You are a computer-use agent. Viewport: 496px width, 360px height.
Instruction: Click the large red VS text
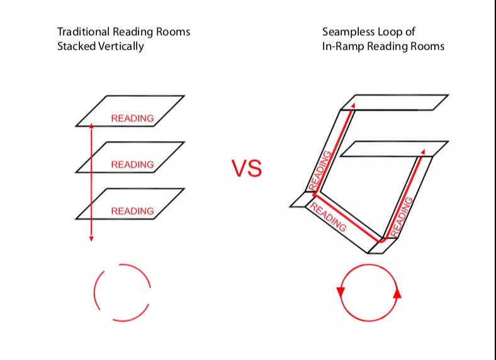pos(246,168)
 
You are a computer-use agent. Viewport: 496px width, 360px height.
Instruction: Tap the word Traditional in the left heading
pos(81,31)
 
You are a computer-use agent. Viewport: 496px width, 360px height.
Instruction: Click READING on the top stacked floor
pos(132,118)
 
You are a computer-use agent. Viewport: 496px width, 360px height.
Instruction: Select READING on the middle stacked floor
pos(132,165)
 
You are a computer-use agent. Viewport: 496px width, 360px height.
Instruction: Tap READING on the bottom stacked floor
pos(132,211)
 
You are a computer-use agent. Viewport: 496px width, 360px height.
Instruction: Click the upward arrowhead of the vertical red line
pos(91,127)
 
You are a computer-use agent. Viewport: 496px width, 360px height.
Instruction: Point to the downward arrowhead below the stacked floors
pos(91,238)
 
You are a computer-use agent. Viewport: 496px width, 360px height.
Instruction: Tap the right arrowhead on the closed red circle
pos(397,293)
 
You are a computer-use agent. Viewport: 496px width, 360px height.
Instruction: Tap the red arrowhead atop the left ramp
pos(354,105)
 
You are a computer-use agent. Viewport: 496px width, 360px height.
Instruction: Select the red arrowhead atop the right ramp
pos(423,151)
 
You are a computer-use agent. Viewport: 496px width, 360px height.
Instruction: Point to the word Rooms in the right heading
pos(427,46)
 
